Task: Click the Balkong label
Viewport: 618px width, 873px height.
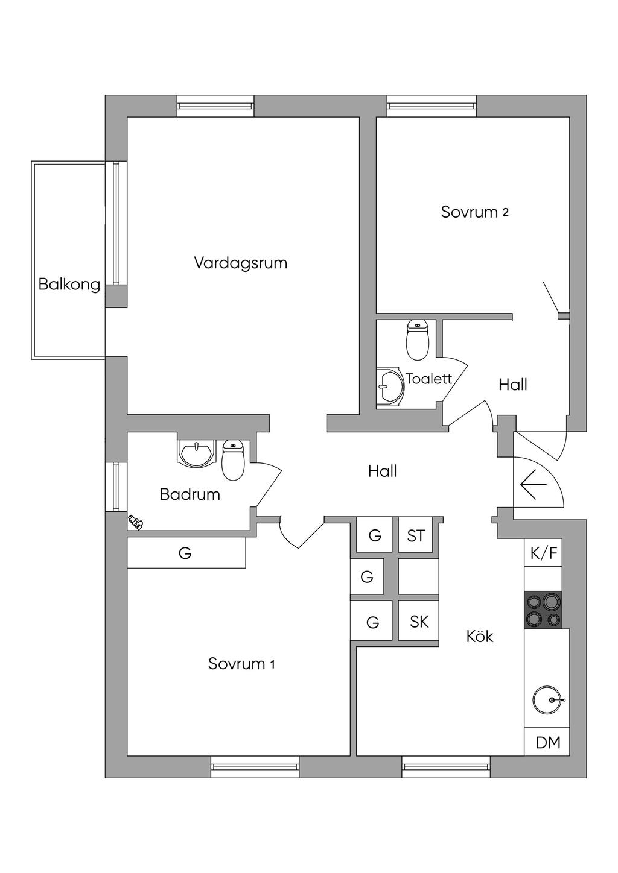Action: [69, 284]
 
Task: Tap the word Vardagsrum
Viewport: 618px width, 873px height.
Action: [240, 263]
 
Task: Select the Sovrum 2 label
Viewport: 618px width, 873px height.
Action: [474, 212]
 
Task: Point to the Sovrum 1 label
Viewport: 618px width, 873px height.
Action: [241, 664]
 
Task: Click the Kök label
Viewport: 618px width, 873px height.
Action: [480, 636]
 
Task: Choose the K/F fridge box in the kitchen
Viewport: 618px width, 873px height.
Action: [543, 553]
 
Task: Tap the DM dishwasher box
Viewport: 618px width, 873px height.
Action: [547, 743]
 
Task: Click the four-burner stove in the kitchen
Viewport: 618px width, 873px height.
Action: [543, 610]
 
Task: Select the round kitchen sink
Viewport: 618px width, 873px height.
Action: [547, 700]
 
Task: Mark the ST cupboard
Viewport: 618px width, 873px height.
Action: [416, 535]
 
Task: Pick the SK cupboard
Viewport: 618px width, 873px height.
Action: [418, 622]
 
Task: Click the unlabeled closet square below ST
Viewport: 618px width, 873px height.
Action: [418, 578]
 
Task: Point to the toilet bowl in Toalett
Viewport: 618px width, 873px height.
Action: [418, 341]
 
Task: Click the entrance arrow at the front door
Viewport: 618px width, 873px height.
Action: [532, 484]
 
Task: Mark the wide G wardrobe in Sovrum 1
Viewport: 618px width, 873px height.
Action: [186, 553]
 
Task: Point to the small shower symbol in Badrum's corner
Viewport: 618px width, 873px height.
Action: [135, 522]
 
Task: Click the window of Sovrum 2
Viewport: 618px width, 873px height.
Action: [432, 106]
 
